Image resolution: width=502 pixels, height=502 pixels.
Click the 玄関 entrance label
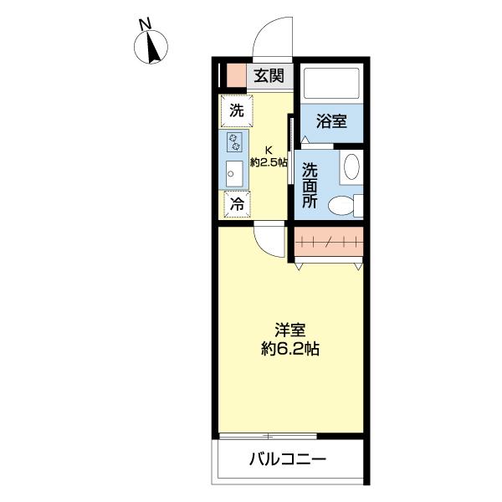click(269, 76)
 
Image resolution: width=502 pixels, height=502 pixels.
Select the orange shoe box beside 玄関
click(235, 75)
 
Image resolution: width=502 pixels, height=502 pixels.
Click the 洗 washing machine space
click(236, 110)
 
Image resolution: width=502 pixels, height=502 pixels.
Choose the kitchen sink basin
click(233, 174)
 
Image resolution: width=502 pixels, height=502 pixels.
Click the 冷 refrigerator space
click(237, 203)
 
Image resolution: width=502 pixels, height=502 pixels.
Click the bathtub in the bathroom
click(331, 85)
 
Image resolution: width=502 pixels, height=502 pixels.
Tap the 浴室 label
click(331, 121)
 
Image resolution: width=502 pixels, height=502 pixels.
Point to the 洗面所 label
click(310, 184)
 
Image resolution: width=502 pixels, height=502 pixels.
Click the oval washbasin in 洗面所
click(352, 166)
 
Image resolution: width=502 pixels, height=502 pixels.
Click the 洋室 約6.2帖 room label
click(289, 338)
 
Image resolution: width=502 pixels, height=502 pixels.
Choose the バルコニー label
click(286, 459)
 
